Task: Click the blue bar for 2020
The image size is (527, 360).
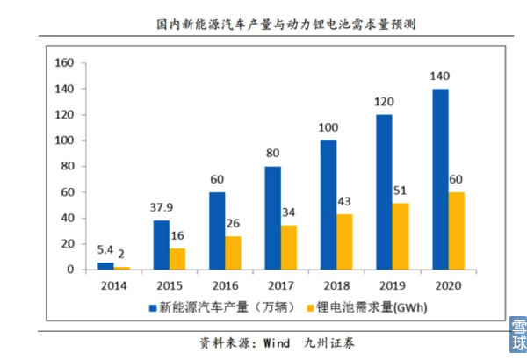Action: click(x=440, y=179)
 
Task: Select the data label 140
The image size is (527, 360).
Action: click(x=440, y=76)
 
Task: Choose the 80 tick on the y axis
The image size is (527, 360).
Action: click(x=66, y=166)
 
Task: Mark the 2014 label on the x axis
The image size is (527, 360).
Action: click(x=112, y=285)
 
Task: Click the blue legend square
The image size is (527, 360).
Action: click(x=151, y=307)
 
